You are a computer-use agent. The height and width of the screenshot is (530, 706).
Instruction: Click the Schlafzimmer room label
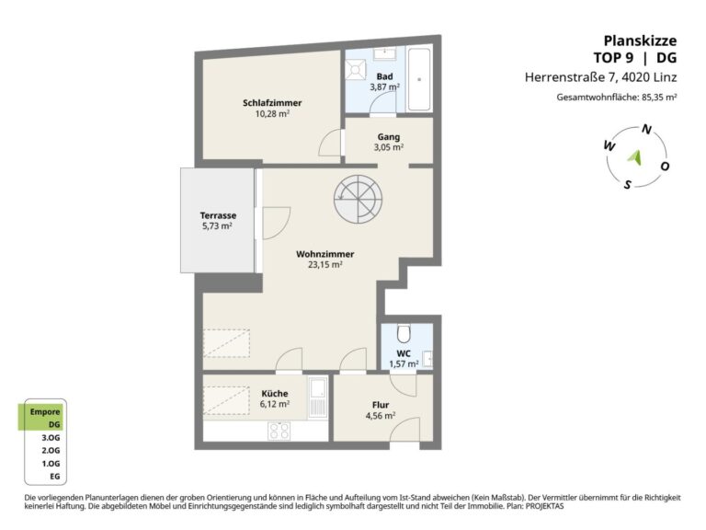click(x=272, y=103)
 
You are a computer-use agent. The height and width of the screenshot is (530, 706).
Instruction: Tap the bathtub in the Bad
click(x=419, y=79)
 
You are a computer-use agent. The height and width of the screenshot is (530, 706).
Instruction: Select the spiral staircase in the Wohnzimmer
click(x=358, y=199)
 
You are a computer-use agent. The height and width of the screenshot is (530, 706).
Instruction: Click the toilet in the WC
click(x=404, y=333)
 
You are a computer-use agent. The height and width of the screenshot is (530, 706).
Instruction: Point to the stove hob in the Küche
click(x=279, y=431)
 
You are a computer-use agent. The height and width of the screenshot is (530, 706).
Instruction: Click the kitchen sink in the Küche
click(x=318, y=397)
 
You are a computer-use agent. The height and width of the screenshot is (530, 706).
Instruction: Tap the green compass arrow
click(x=635, y=157)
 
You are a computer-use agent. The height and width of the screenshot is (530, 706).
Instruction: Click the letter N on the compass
click(x=646, y=130)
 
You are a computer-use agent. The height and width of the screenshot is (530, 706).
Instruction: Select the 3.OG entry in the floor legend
click(x=51, y=437)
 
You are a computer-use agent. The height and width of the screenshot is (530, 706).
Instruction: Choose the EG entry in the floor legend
click(x=54, y=476)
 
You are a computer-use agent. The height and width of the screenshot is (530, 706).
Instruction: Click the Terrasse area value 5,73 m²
click(x=218, y=225)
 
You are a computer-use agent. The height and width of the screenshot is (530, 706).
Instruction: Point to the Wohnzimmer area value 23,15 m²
click(x=325, y=265)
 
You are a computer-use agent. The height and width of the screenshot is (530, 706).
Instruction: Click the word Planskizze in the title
click(x=640, y=40)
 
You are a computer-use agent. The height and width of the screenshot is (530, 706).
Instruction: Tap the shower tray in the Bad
click(x=356, y=70)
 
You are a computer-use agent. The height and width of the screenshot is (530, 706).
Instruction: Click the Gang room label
click(x=389, y=136)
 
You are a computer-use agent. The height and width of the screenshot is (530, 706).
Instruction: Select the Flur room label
click(x=381, y=405)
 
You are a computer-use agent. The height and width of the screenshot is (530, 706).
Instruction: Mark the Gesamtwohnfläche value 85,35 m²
click(x=659, y=97)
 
